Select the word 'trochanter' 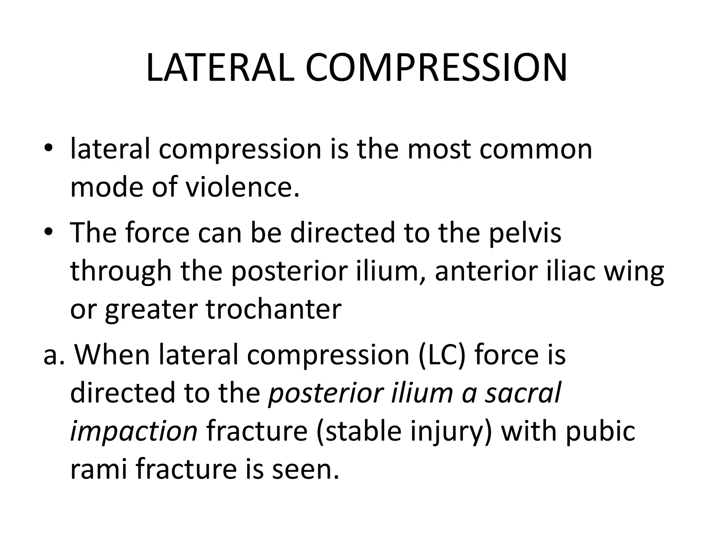pyautogui.click(x=274, y=309)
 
